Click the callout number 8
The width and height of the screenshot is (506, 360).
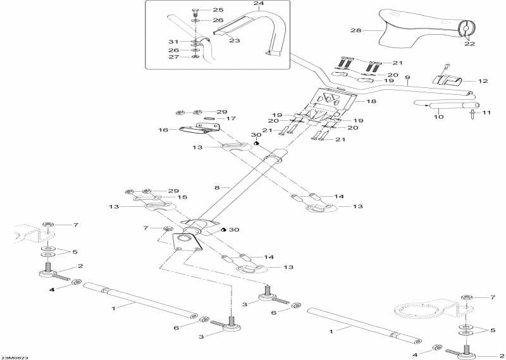218,188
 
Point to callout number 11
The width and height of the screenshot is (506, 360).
487,113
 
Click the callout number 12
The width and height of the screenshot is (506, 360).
483,81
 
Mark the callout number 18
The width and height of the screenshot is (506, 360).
371,101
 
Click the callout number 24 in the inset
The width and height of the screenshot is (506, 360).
240,4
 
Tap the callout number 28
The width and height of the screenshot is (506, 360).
355,30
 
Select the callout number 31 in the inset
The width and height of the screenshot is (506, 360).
181,42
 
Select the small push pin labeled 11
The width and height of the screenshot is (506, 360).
473,115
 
